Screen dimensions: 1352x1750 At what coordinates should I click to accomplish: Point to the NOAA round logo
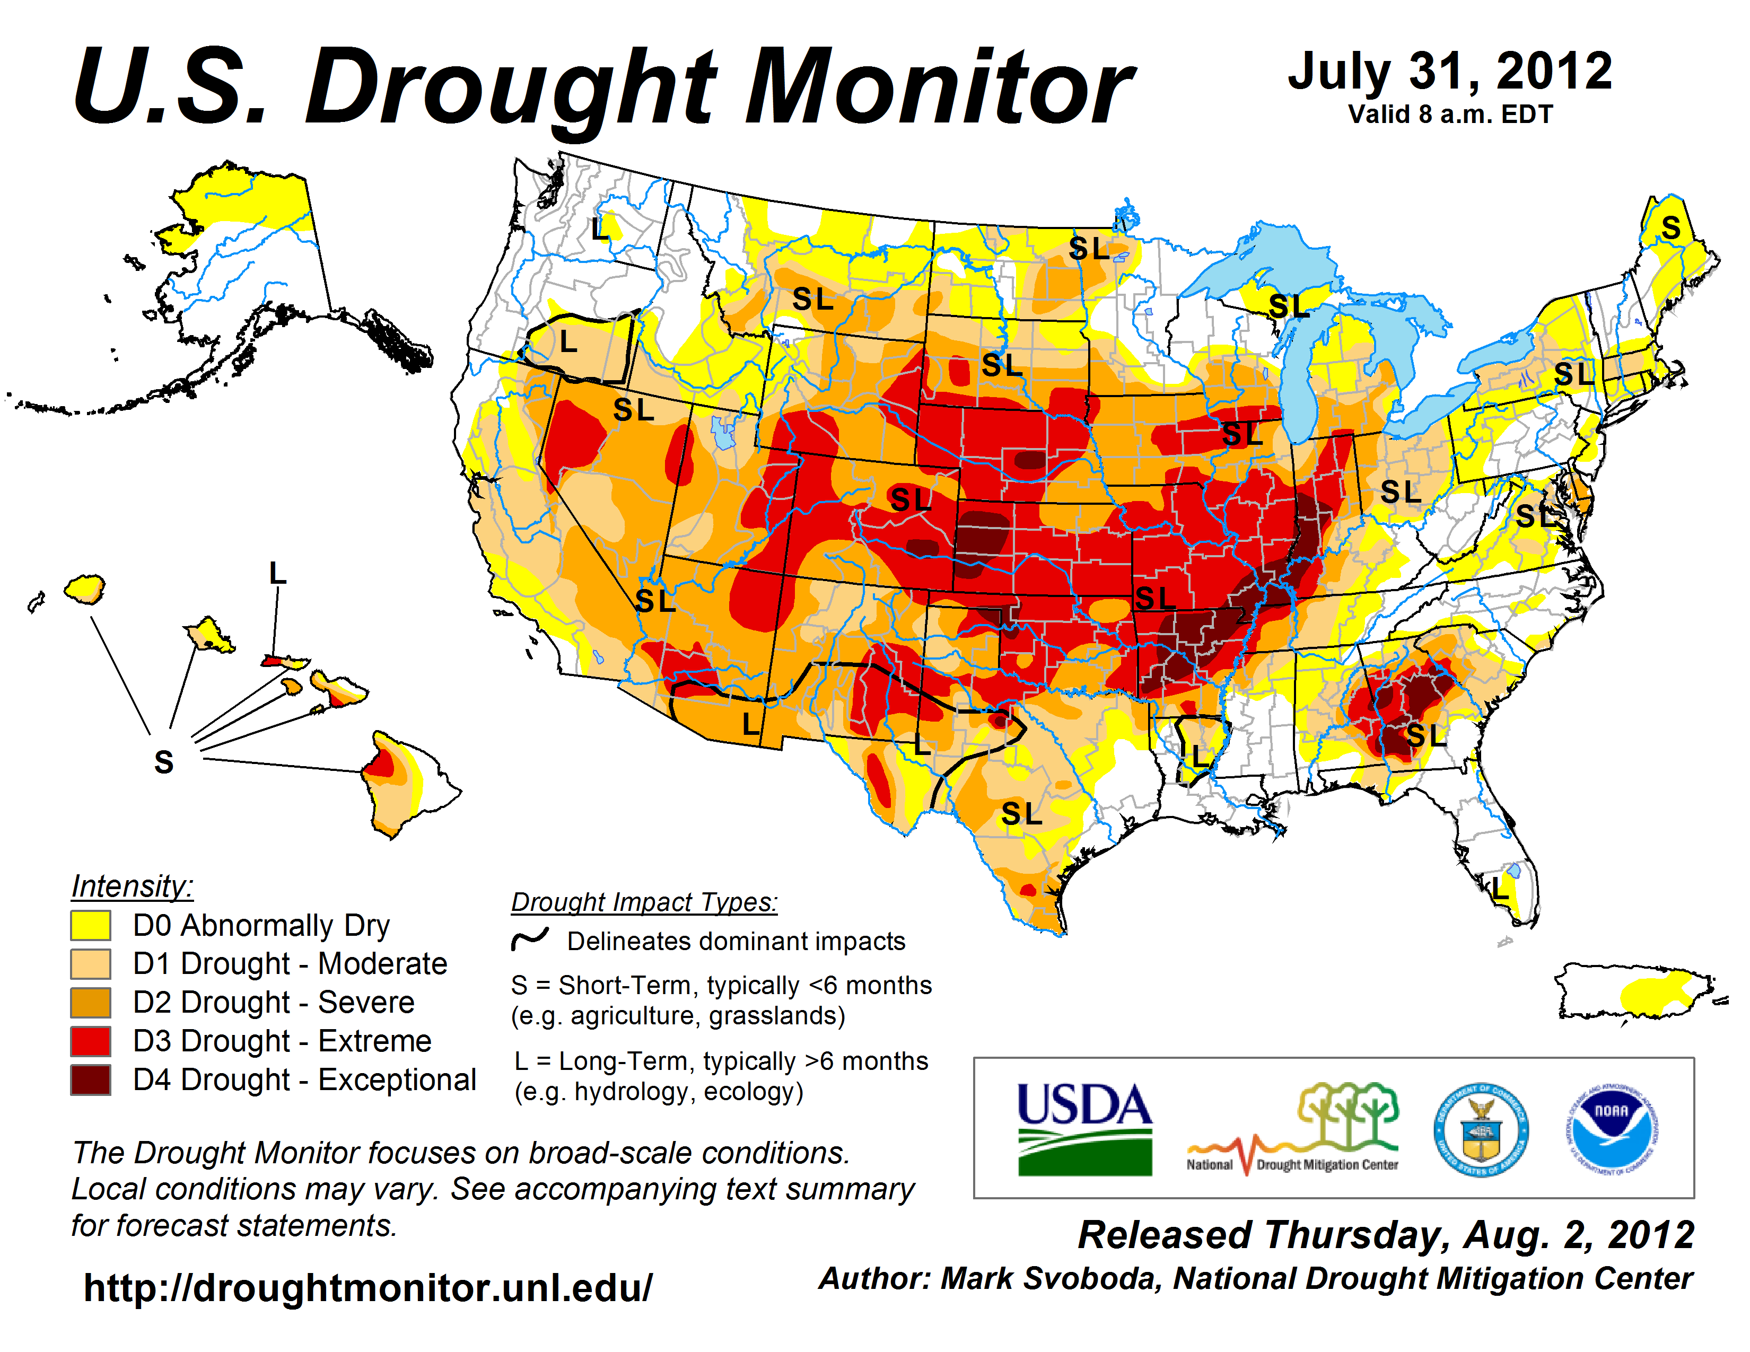click(x=1612, y=1129)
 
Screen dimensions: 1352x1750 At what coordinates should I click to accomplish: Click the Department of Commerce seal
click(x=1481, y=1129)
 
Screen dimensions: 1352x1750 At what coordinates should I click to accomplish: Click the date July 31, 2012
click(x=1450, y=72)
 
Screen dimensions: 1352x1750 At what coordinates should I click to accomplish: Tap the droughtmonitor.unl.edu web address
click(x=368, y=1288)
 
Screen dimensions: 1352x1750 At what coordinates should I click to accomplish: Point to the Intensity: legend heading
click(x=132, y=886)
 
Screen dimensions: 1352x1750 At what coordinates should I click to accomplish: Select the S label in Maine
click(x=1670, y=229)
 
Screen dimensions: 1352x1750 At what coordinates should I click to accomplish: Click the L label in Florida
click(x=1499, y=888)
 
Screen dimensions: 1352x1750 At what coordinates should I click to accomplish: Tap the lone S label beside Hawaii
click(x=163, y=762)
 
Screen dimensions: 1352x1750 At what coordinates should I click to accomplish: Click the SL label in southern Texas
click(x=1022, y=814)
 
